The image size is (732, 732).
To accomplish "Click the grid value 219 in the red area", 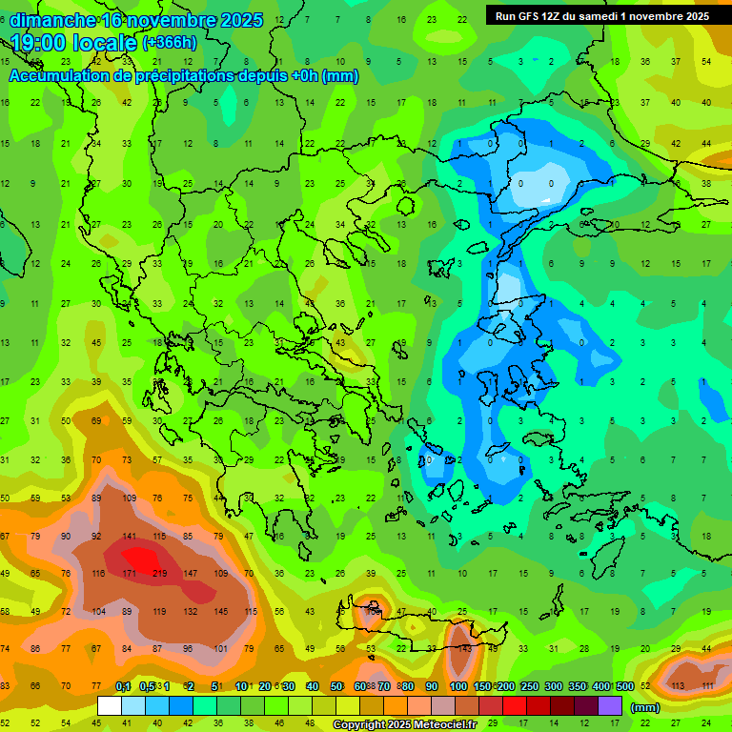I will point(160,574).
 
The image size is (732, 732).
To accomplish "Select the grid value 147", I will point(191,574).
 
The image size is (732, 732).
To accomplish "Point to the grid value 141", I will point(130,537).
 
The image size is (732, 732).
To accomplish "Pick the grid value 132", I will point(191,611).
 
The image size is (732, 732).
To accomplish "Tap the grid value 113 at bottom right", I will point(679,685).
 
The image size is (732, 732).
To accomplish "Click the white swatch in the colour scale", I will point(110,706).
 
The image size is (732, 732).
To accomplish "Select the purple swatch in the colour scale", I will point(610,706).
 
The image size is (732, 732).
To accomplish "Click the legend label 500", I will point(623,686).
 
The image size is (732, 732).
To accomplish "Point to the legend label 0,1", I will point(123,686).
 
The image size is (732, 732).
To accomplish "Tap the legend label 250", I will point(528,686).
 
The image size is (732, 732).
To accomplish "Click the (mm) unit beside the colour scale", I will point(645,707).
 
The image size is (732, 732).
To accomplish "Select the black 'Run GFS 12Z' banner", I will point(602,16).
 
